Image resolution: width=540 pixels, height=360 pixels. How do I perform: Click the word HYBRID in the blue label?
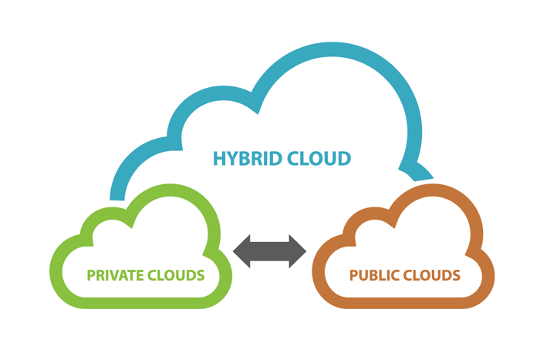coord(245,160)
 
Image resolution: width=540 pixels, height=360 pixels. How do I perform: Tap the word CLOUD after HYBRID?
coord(316,160)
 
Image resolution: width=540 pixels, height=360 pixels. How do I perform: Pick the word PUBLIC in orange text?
coord(374,275)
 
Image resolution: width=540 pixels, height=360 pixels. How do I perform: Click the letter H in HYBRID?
coord(219,160)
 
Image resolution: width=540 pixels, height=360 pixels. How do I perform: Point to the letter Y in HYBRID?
coord(232,160)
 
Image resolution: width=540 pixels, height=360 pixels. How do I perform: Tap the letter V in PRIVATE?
coord(123,275)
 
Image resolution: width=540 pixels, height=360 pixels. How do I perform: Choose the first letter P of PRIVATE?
coord(91,275)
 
